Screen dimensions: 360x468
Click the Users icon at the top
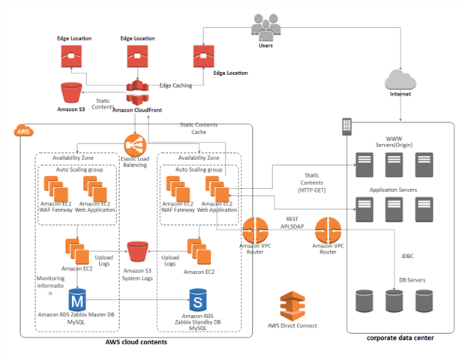click(x=265, y=28)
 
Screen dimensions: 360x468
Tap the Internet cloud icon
click(x=399, y=80)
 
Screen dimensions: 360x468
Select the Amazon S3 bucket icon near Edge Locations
click(x=71, y=94)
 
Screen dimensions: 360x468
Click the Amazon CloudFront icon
click(x=133, y=92)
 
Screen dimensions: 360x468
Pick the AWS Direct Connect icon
click(x=292, y=306)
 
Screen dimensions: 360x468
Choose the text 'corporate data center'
click(x=400, y=338)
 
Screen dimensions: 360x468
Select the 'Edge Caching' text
click(x=175, y=85)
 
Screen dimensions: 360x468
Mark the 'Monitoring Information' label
click(x=50, y=285)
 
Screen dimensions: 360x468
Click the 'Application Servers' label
click(x=394, y=190)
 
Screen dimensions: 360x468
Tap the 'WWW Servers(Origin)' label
click(x=394, y=142)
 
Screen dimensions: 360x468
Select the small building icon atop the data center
click(x=346, y=125)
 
